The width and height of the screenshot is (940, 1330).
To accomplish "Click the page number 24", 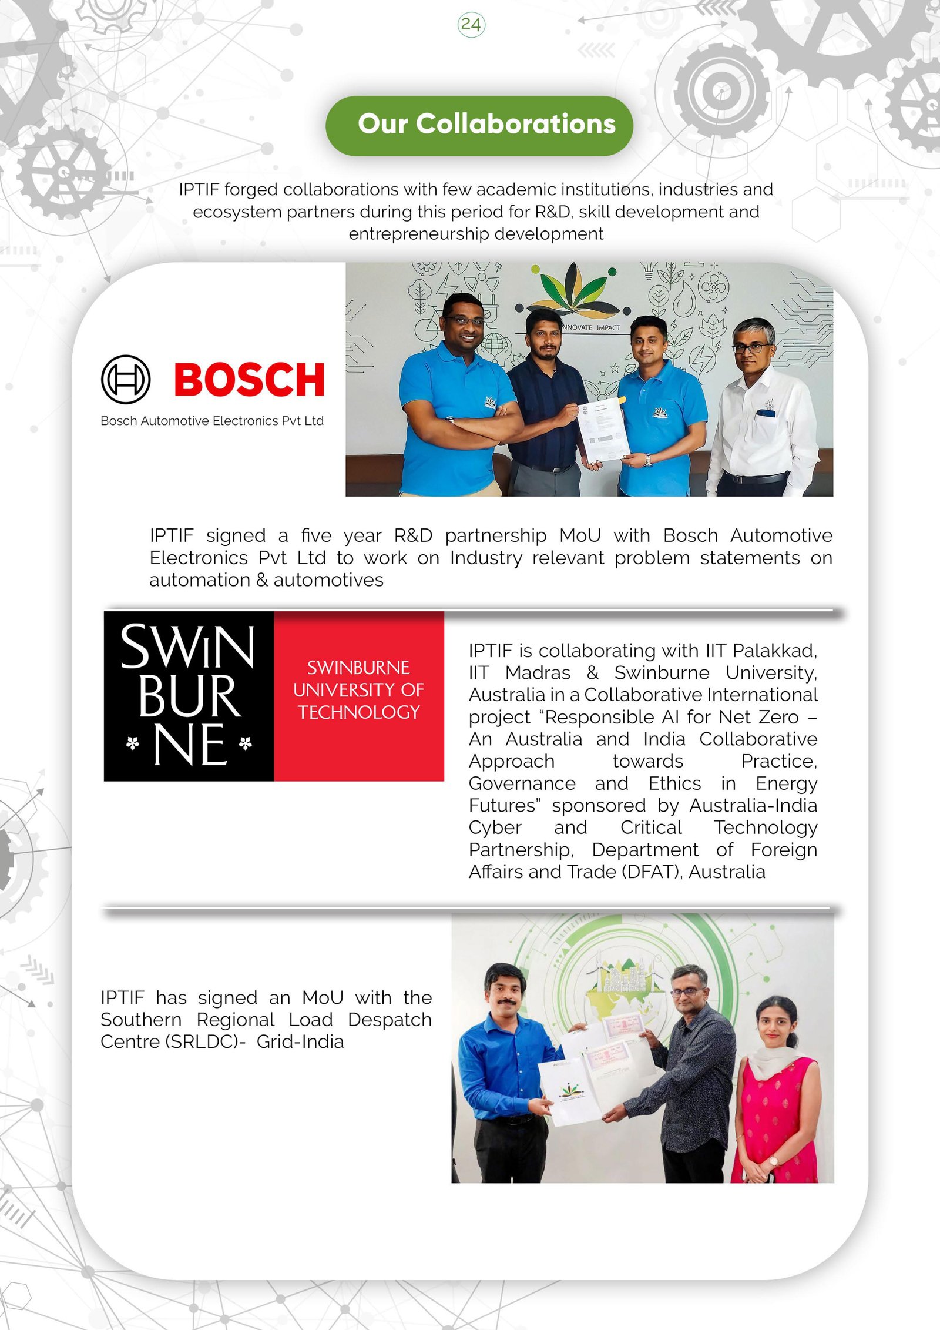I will [471, 25].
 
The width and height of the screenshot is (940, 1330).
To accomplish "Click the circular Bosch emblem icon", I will [126, 379].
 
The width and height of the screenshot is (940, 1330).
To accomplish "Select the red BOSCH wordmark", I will [249, 380].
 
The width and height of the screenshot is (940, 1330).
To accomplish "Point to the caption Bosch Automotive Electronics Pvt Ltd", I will [212, 421].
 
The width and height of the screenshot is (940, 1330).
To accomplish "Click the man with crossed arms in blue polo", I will [455, 400].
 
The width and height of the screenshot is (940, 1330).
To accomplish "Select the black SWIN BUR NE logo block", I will [189, 696].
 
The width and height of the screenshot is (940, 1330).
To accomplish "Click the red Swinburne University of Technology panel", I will [358, 696].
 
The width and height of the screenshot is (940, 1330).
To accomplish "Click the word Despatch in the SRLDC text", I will [390, 1020].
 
